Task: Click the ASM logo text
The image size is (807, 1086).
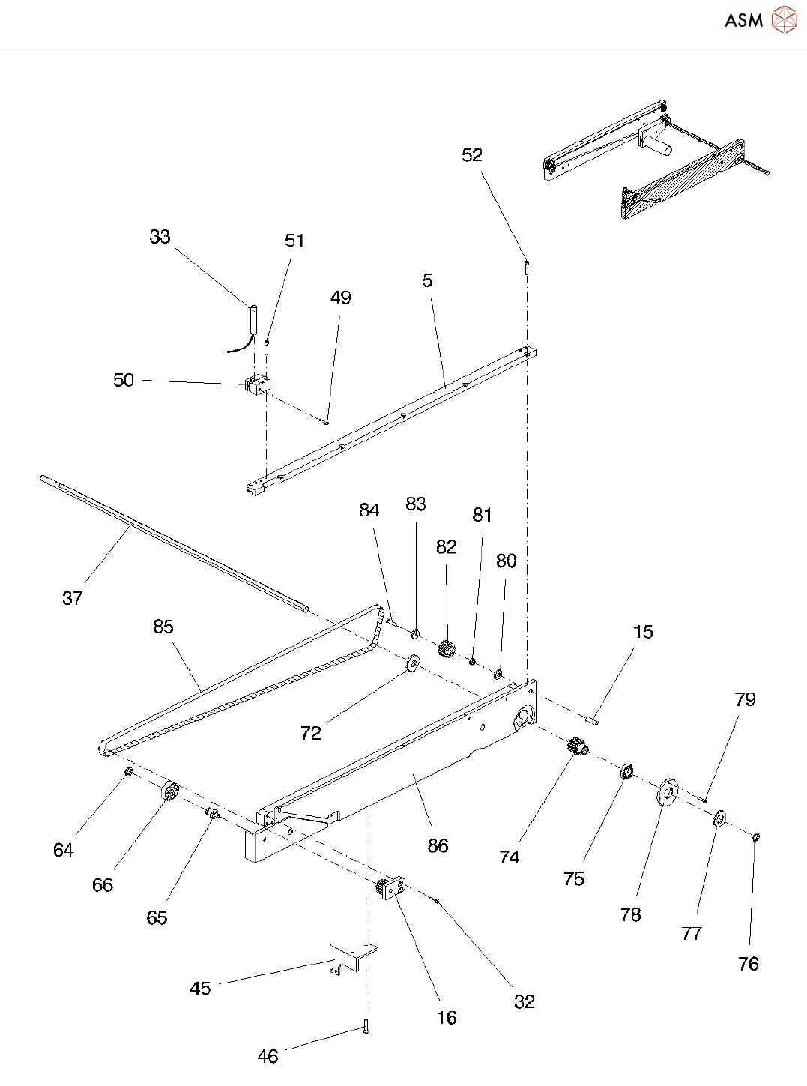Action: click(743, 20)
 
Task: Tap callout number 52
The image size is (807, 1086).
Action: click(472, 155)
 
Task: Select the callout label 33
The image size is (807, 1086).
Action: click(160, 237)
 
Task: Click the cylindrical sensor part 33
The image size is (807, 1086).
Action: click(253, 319)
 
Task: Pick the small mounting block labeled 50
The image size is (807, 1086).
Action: click(258, 384)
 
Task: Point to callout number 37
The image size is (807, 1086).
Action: click(73, 598)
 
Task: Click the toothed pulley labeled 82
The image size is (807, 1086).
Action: click(446, 651)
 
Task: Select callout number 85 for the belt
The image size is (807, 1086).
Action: click(163, 627)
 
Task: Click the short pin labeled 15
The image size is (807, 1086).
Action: click(592, 720)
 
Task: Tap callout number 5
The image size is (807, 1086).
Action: click(428, 281)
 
